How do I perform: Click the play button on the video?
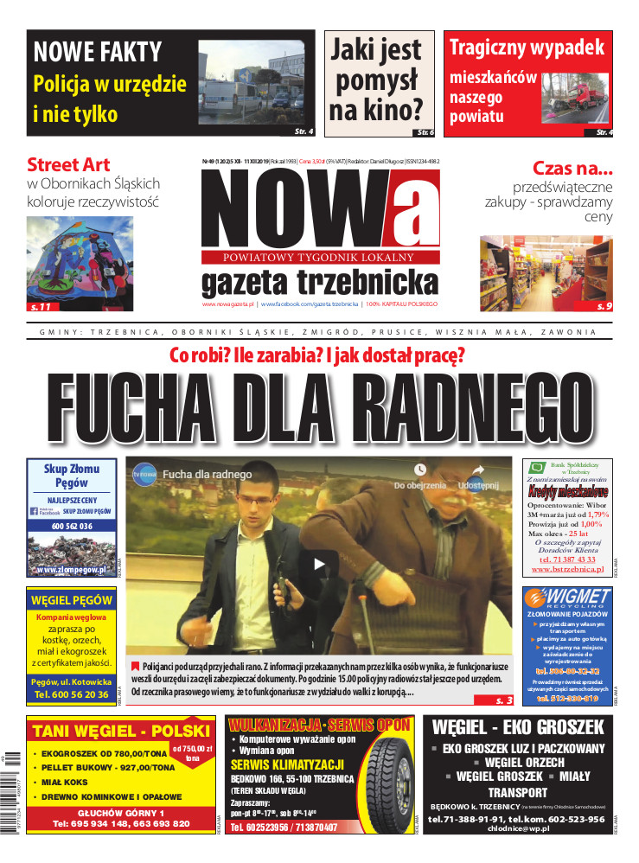click(x=320, y=565)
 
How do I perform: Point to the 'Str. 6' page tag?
click(x=425, y=132)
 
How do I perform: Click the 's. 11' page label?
click(x=42, y=306)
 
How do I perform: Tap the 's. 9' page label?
click(x=604, y=306)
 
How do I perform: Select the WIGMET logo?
click(x=568, y=598)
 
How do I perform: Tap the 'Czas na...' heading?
click(x=572, y=168)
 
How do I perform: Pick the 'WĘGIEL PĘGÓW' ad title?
click(x=71, y=599)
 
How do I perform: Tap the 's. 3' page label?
click(x=504, y=700)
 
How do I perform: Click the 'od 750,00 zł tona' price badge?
click(x=191, y=752)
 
